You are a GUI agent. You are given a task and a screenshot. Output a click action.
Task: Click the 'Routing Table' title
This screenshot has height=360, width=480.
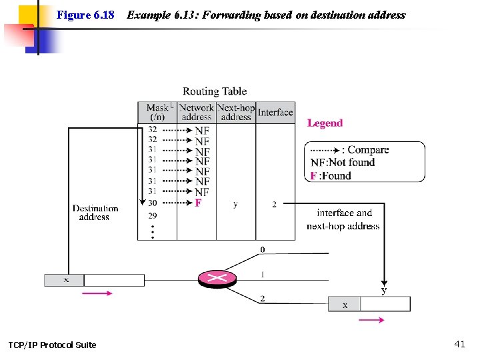[215, 91]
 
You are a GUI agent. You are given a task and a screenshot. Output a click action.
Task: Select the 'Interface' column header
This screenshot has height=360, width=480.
[275, 112]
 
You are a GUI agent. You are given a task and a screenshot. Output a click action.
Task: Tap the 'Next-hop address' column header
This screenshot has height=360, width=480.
[236, 112]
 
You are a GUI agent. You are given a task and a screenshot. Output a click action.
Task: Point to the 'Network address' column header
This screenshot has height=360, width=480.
[197, 112]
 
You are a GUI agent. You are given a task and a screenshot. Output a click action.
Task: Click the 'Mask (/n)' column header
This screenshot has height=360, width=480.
[158, 112]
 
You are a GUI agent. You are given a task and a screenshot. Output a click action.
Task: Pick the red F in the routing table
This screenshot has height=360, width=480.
[198, 203]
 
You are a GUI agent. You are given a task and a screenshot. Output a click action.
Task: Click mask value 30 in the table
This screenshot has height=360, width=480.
[153, 203]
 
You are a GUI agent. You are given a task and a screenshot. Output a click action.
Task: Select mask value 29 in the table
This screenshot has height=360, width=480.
[153, 215]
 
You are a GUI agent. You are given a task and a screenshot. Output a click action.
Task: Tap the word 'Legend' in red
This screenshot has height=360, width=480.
[325, 123]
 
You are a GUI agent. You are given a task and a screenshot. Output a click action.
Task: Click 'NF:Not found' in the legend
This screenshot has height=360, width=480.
[343, 163]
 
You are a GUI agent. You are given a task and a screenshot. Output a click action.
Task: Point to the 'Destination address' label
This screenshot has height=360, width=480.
[95, 213]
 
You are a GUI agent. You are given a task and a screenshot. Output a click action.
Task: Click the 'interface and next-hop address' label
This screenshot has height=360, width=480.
[343, 219]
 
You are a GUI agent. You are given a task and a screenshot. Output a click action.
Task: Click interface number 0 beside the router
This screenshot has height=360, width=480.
[263, 250]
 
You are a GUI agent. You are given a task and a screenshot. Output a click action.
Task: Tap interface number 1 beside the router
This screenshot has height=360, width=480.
[263, 274]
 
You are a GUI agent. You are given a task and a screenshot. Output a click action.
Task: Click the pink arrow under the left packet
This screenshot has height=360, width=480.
[97, 293]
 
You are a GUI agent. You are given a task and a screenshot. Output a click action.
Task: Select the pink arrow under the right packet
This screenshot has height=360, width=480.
[371, 320]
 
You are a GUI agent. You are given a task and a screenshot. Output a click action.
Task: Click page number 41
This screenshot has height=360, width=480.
[459, 344]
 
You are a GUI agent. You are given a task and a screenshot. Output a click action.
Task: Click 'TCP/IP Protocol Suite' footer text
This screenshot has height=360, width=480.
[52, 345]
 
